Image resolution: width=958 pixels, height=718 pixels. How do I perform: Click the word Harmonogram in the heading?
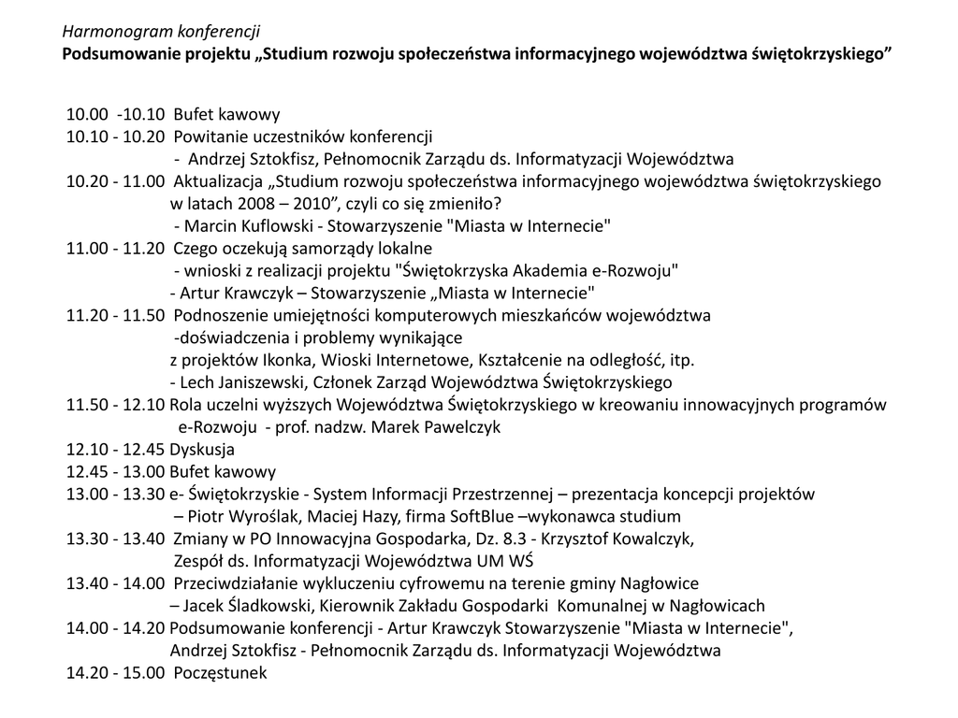click(x=106, y=33)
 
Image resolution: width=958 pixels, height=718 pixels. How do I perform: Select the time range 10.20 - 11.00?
click(x=115, y=181)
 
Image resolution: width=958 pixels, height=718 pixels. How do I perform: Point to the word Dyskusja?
click(x=202, y=450)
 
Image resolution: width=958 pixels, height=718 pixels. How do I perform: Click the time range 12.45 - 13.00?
click(x=115, y=472)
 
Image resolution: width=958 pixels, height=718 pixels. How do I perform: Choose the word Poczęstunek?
click(x=220, y=673)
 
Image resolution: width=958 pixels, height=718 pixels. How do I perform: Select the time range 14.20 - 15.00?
click(x=115, y=673)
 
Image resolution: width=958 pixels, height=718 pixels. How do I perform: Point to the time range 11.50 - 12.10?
click(x=115, y=405)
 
